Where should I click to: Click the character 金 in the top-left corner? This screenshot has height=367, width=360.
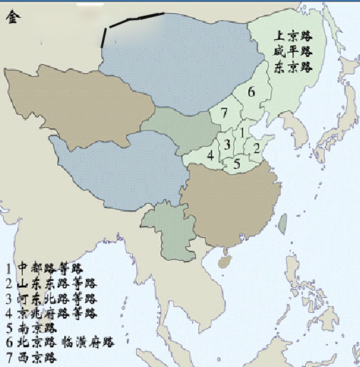click(13, 19)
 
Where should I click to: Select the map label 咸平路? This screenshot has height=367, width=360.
click(293, 52)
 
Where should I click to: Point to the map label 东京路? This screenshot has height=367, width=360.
click(293, 67)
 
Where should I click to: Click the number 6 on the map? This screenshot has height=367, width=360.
click(252, 93)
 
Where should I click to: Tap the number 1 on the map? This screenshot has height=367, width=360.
click(242, 132)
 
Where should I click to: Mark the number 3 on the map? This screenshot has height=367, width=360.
click(227, 145)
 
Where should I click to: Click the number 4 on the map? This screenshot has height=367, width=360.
click(210, 155)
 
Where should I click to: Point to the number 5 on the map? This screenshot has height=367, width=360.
click(237, 162)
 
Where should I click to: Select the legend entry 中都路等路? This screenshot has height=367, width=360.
click(51, 269)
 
